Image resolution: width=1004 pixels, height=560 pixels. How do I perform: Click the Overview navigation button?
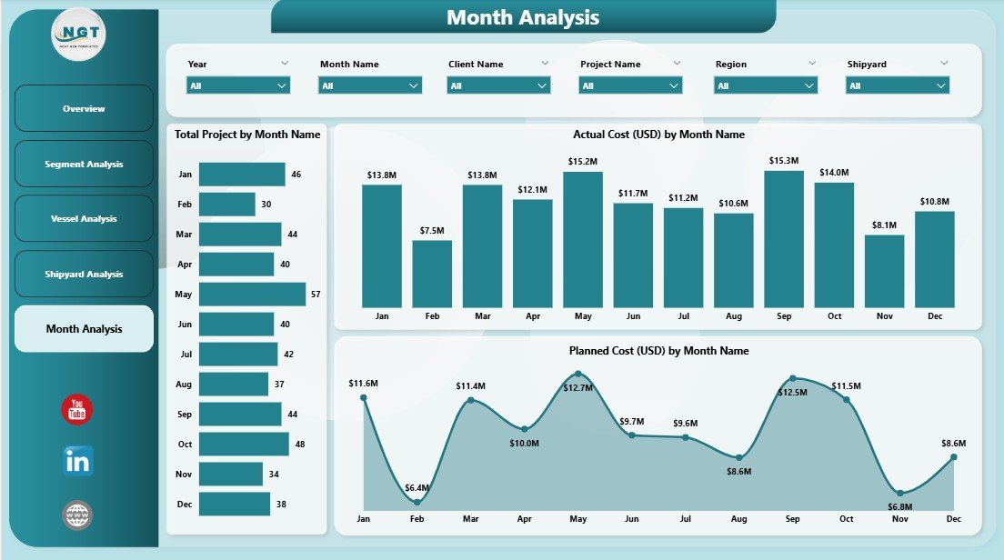click(x=84, y=109)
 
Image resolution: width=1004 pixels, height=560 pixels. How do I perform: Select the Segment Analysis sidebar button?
click(x=84, y=165)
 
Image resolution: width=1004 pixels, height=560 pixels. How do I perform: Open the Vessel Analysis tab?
click(x=84, y=219)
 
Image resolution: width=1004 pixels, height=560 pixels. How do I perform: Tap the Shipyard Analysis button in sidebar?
click(x=84, y=275)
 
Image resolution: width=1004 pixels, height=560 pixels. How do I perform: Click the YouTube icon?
click(x=77, y=410)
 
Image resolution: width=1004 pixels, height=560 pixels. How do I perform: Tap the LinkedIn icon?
click(x=77, y=461)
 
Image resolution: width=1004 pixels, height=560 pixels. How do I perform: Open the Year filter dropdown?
click(x=238, y=85)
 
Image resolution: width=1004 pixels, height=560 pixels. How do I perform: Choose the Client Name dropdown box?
click(x=498, y=85)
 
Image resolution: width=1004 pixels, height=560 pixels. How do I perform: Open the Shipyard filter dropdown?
click(x=898, y=85)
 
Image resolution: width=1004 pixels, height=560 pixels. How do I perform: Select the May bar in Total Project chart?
click(x=252, y=295)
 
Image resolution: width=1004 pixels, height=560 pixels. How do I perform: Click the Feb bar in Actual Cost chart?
click(x=432, y=274)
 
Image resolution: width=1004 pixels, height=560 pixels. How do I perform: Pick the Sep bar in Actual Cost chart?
click(x=784, y=239)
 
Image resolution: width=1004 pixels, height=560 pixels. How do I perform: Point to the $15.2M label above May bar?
click(x=583, y=162)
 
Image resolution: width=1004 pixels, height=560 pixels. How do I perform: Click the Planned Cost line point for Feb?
click(x=417, y=501)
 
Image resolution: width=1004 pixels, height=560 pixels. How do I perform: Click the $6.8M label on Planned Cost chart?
click(x=900, y=505)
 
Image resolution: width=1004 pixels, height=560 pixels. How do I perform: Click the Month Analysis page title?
click(x=523, y=17)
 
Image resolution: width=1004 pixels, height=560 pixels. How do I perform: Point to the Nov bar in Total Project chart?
click(x=230, y=475)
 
